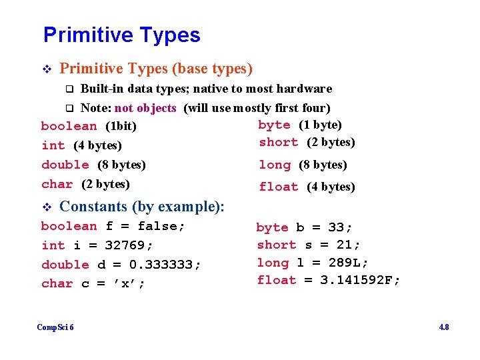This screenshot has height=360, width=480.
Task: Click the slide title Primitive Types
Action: pos(121,35)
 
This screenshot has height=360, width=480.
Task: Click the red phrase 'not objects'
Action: pos(145,108)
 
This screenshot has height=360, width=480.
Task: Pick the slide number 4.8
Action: pos(443,327)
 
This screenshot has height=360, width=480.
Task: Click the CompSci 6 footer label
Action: pos(55,327)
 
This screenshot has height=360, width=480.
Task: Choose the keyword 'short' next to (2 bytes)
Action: pos(279,143)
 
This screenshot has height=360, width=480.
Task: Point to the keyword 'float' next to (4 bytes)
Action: pos(279,187)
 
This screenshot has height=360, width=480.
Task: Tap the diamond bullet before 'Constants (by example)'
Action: pos(46,207)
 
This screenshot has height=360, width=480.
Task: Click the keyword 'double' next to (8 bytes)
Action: pos(65,165)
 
